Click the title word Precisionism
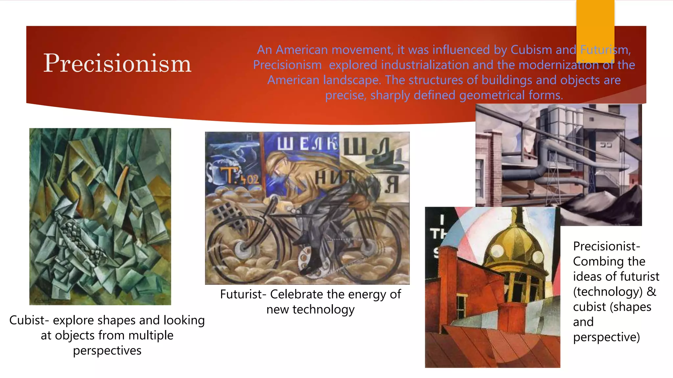[117, 63]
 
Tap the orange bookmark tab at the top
[595, 30]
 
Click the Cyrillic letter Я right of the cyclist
[391, 184]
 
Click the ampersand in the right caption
[651, 291]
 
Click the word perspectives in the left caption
[107, 350]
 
